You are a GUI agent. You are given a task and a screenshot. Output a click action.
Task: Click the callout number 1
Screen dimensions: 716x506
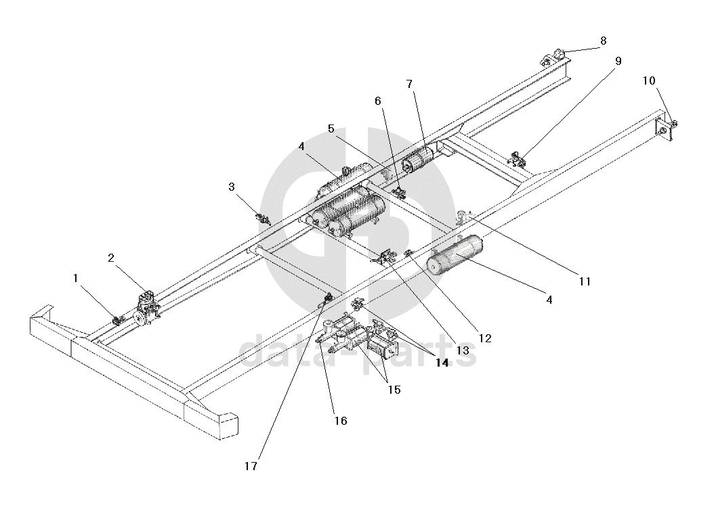tap(76, 278)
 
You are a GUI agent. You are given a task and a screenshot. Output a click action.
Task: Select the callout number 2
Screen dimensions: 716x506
tap(111, 258)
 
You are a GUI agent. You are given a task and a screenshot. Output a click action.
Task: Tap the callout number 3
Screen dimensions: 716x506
tap(232, 187)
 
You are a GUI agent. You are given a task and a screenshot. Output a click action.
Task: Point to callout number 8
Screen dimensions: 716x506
tap(603, 41)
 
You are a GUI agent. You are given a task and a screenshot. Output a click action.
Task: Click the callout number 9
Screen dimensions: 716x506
tap(618, 61)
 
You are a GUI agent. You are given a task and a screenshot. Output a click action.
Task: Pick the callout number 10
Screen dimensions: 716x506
tap(649, 80)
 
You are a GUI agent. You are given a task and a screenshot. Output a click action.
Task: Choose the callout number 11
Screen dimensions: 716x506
tap(585, 281)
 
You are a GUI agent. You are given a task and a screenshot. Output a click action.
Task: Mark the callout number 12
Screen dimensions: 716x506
tap(485, 338)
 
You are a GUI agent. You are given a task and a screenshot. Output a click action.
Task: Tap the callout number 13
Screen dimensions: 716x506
tap(463, 350)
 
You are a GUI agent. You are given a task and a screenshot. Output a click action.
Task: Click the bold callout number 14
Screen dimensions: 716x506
tap(442, 363)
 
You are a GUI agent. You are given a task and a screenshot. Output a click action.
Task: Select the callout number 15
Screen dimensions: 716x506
tap(394, 390)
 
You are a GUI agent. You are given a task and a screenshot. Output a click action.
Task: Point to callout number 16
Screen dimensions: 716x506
tap(341, 421)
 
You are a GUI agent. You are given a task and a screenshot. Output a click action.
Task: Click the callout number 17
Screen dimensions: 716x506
tap(251, 466)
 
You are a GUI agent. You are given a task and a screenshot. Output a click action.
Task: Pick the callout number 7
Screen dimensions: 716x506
tap(409, 84)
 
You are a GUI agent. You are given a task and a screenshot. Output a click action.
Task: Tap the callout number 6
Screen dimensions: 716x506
tap(377, 101)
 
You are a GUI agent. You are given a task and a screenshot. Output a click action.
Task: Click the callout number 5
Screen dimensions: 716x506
tap(331, 129)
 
